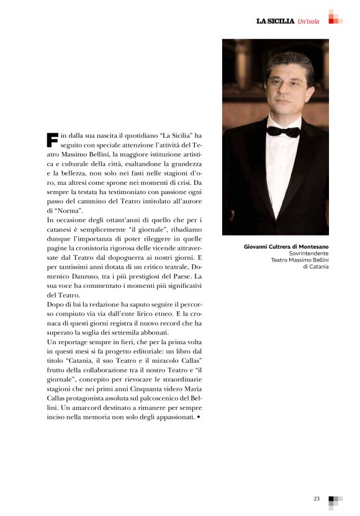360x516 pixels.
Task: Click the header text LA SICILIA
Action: point(275,22)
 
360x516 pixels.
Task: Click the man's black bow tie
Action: point(283,131)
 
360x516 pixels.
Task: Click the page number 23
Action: point(317,498)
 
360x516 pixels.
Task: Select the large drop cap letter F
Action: point(52,140)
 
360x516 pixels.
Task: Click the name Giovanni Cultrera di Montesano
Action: point(286,247)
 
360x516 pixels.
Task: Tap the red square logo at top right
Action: point(335,17)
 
